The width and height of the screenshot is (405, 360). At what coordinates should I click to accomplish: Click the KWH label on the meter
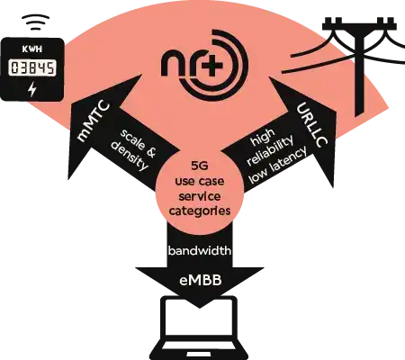click(x=32, y=49)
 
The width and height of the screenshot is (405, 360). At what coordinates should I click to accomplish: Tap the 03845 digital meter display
click(x=32, y=67)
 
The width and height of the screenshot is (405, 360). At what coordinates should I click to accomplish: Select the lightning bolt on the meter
click(x=32, y=89)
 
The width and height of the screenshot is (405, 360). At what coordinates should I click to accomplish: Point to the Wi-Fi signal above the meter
click(x=35, y=22)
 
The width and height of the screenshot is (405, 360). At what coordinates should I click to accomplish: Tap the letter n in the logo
click(x=172, y=65)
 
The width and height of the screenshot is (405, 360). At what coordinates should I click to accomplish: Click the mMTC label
click(x=94, y=121)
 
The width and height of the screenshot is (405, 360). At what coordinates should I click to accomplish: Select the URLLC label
click(x=312, y=125)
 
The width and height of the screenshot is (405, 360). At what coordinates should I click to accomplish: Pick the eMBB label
click(x=201, y=281)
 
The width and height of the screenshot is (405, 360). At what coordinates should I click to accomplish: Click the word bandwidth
click(x=200, y=250)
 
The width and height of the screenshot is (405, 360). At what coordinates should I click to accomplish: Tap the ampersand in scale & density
click(x=150, y=150)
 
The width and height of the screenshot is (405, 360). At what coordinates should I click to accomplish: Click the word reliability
click(x=270, y=150)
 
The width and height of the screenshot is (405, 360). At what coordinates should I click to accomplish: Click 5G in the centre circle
click(x=200, y=166)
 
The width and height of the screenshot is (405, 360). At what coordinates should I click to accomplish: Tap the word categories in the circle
click(x=200, y=211)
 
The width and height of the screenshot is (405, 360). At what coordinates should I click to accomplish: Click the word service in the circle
click(x=200, y=196)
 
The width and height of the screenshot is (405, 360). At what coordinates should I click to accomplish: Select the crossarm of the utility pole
click(x=359, y=26)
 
